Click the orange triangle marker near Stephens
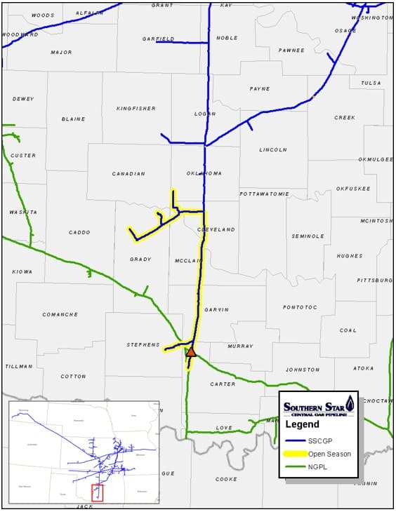190,352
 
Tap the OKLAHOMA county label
204,173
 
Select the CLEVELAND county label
216,229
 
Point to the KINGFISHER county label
136,108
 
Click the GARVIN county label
216,309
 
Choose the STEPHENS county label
143,344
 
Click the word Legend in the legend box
302,424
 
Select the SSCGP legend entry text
320,440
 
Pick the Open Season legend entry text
329,454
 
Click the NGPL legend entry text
319,468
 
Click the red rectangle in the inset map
98,492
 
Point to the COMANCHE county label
60,314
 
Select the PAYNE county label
259,89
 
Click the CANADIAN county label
128,173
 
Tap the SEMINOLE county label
308,236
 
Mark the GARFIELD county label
158,39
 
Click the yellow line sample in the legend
294,454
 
